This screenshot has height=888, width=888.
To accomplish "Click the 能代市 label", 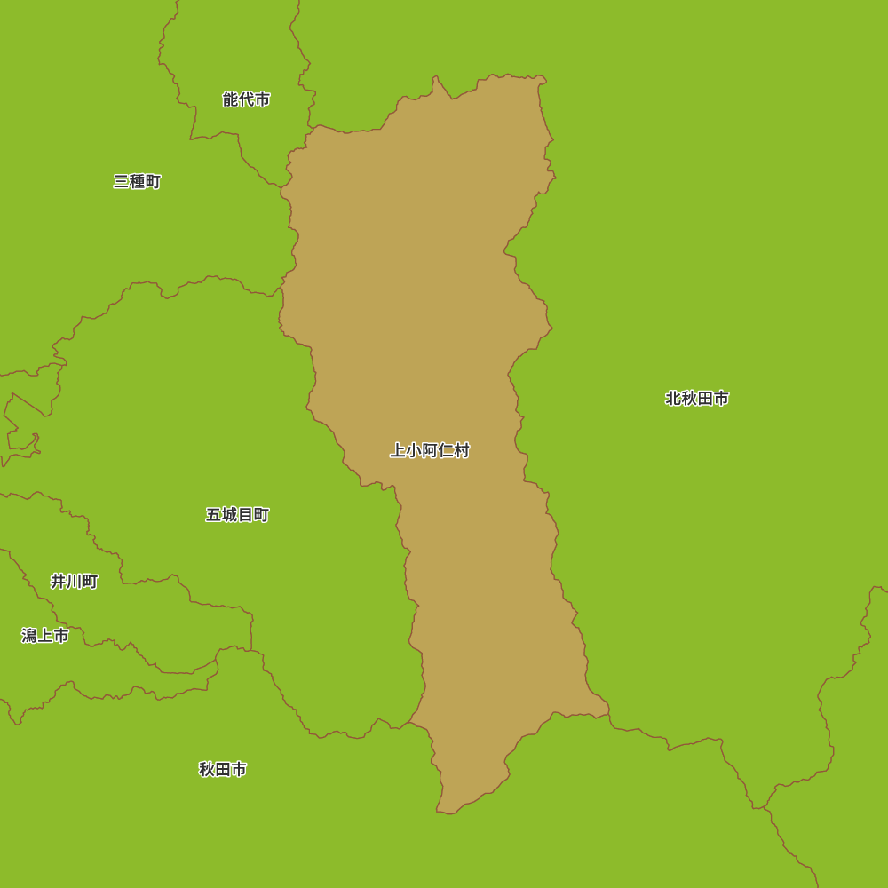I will pos(246,99).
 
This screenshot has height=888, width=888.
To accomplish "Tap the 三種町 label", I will pos(137,182).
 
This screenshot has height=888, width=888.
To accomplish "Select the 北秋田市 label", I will pos(697,399).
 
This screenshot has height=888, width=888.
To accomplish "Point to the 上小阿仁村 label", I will pos(430,450).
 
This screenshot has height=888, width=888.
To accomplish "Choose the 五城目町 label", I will pos(237,515).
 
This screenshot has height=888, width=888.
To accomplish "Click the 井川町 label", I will pos(74,582).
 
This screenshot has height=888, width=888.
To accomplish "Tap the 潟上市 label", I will pos(45,636).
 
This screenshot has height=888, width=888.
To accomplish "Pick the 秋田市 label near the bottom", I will pos(223,769).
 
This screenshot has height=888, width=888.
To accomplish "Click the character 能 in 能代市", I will pos(230,99).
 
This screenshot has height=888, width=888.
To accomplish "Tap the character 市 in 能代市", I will pos(262,99).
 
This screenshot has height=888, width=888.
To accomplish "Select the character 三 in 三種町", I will pos(121,182).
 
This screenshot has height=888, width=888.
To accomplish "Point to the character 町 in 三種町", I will pos(153,182).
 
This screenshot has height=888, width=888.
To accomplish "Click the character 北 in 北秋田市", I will pos(673,399).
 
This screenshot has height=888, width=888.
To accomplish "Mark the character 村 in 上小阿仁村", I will pos(462,450).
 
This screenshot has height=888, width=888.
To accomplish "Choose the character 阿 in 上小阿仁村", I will pos(430,450).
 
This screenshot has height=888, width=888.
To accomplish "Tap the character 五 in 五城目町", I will pos(213,515).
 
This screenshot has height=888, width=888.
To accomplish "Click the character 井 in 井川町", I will pos(58,582).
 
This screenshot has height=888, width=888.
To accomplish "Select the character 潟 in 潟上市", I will pos(29,636).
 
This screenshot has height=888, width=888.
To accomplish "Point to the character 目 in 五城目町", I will pos(245,515).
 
